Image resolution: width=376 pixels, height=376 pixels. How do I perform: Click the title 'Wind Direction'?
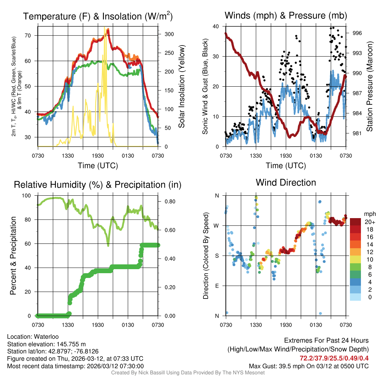tap(286, 182)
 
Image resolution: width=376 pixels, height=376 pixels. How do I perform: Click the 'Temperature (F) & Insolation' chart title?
tap(98, 17)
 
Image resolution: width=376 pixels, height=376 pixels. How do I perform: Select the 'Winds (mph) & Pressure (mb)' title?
tap(286, 15)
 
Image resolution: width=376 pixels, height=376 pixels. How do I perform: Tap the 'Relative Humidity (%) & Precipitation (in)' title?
tap(98, 185)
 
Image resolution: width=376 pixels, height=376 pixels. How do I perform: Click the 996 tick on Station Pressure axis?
tap(357, 33)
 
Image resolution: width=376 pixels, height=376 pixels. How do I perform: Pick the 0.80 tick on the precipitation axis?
tap(167, 202)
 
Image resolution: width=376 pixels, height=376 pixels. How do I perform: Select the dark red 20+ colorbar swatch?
tap(355, 222)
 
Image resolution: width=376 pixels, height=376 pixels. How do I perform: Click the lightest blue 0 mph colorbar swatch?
tap(355, 297)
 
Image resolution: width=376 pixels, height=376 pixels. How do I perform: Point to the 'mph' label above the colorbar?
tap(369, 214)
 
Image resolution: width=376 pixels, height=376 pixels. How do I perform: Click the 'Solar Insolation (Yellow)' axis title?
tap(181, 87)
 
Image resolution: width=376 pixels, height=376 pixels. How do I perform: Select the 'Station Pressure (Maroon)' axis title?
tap(369, 87)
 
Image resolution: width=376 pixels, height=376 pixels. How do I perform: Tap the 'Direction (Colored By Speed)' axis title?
tap(206, 256)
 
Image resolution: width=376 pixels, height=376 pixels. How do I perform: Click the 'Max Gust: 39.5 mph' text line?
tap(308, 366)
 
